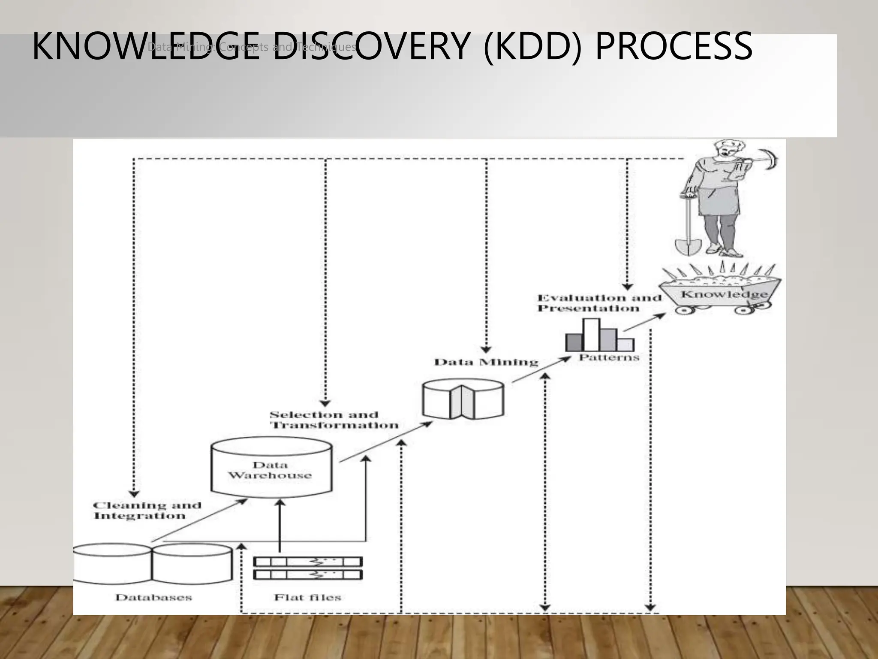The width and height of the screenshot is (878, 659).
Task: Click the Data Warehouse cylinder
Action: point(271,470)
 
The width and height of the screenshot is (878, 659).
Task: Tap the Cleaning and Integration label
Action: point(147,511)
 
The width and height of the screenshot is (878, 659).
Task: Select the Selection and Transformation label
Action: point(334,420)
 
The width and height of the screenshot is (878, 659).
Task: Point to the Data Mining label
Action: point(486,363)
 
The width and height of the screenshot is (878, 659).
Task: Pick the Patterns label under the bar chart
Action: point(609,357)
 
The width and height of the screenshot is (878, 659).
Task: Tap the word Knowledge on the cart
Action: point(724,294)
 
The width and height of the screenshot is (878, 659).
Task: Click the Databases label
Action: point(153,597)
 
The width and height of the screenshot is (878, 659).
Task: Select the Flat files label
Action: point(307,597)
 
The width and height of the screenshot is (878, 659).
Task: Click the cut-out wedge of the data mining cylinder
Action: point(462,402)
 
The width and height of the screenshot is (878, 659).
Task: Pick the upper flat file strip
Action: point(308,562)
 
